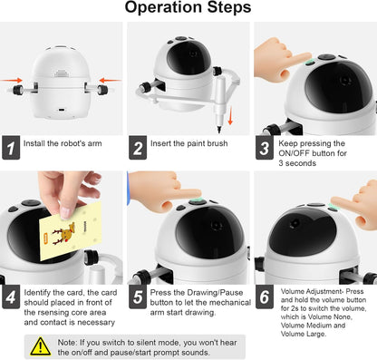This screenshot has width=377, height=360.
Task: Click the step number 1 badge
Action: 11,148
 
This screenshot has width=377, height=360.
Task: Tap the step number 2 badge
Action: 138,148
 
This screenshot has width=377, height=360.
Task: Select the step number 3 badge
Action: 265,148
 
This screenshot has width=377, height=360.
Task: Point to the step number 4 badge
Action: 11,297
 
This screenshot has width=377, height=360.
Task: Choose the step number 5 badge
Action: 138,297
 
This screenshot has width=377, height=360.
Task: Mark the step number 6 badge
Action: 265,297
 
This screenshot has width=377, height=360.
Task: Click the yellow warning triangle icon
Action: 40,346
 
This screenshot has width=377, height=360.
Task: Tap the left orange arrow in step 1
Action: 12,80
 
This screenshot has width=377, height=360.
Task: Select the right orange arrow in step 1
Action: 111,80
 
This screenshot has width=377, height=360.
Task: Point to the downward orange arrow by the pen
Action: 230,115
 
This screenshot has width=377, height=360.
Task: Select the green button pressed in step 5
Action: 198,201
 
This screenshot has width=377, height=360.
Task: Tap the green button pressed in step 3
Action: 309,63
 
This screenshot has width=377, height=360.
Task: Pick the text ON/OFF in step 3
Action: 294,153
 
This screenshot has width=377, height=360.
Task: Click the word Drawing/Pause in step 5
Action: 215,293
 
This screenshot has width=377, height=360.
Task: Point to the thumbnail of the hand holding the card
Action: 62,228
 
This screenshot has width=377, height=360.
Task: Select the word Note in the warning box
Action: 67,343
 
